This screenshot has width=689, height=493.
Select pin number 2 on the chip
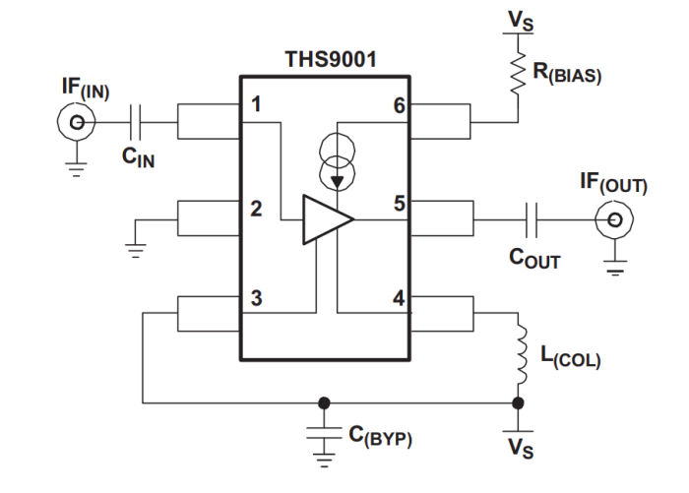[x=256, y=209]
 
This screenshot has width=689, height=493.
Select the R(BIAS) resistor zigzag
[x=518, y=74]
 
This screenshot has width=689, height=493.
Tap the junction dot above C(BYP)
[x=323, y=401]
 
